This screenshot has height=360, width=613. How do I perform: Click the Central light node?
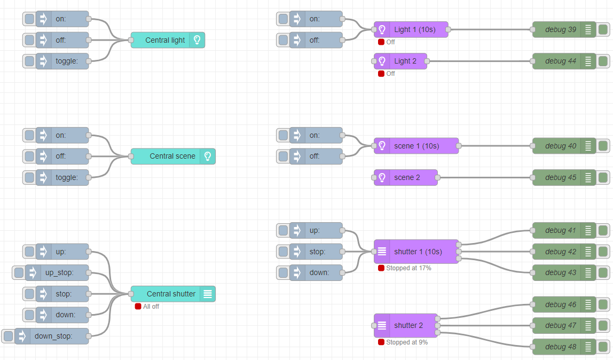click(x=168, y=40)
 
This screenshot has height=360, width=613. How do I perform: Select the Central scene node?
click(x=173, y=156)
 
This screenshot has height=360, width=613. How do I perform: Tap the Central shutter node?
click(x=173, y=294)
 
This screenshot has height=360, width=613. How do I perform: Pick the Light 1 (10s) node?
click(x=411, y=29)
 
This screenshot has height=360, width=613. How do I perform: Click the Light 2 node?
click(x=400, y=61)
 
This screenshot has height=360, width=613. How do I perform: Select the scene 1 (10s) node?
click(x=416, y=146)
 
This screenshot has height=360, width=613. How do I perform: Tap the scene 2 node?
click(x=405, y=177)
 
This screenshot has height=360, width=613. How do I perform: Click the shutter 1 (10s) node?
click(x=416, y=252)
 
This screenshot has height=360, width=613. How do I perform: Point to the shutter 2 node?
click(x=405, y=325)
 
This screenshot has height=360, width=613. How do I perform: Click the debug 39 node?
click(x=564, y=29)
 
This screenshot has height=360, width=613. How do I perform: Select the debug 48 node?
click(x=564, y=347)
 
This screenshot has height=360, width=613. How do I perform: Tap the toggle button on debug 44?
click(x=603, y=61)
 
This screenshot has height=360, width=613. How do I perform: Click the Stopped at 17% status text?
click(x=408, y=268)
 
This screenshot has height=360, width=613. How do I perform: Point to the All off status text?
click(x=151, y=307)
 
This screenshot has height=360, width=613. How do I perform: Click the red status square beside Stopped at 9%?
click(x=381, y=342)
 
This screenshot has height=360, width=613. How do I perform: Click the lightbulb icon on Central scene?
click(x=208, y=156)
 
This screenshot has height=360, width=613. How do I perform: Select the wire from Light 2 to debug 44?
click(x=480, y=61)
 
